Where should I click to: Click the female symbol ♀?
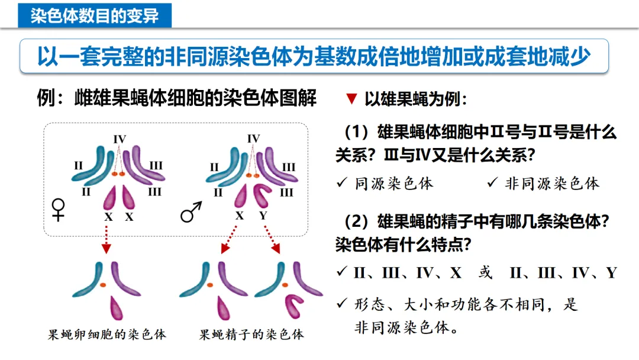[x=59, y=209]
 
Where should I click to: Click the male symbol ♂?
[x=191, y=211]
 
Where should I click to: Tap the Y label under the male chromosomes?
[x=263, y=216]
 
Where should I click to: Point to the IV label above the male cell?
[x=253, y=139]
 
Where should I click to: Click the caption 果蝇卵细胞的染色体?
[x=107, y=335]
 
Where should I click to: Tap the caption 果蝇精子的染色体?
[x=252, y=335]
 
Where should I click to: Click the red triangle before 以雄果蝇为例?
[x=351, y=99]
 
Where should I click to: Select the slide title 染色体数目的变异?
[x=95, y=15]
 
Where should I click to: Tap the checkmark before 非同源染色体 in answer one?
[x=492, y=183]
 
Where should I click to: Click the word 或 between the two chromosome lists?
[x=485, y=273]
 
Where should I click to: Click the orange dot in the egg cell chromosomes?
[x=102, y=285]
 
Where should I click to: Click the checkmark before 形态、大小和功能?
[x=341, y=304]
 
